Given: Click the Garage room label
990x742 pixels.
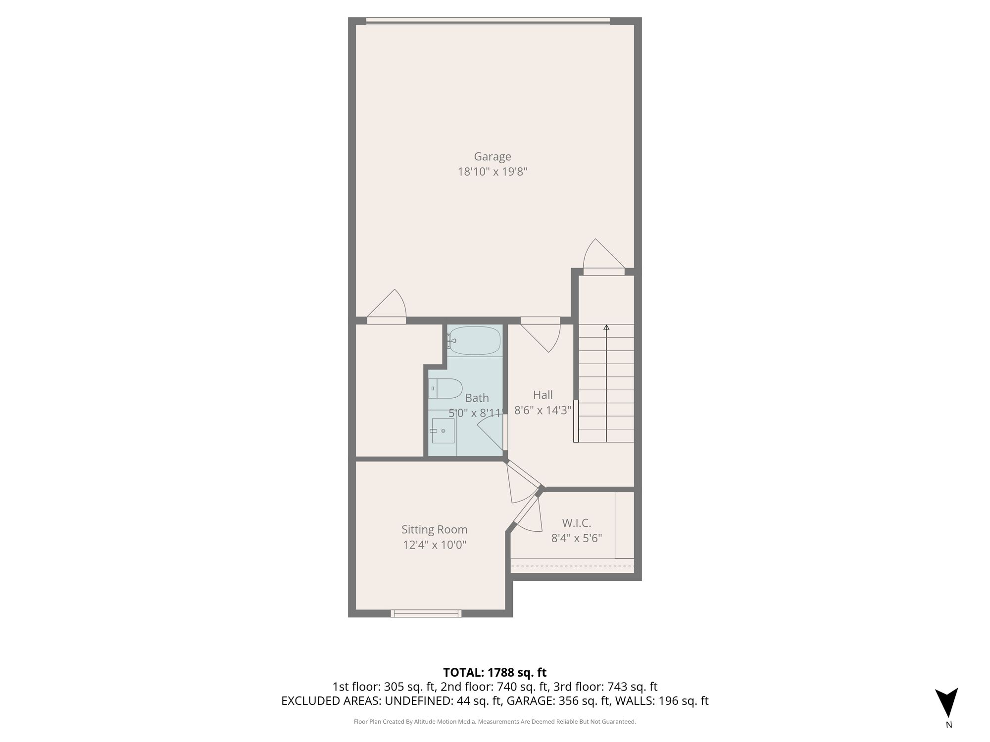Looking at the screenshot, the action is click(492, 157).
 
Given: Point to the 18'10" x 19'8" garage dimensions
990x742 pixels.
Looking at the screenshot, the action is click(493, 172).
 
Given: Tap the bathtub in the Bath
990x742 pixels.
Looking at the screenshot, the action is click(474, 340).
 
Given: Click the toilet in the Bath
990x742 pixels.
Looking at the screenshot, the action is click(445, 388).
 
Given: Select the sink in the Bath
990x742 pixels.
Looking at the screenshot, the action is click(443, 431).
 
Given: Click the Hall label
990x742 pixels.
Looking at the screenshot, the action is click(543, 395).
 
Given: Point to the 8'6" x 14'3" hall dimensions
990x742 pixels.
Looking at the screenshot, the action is click(543, 410).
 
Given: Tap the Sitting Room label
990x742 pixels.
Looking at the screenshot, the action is click(434, 530).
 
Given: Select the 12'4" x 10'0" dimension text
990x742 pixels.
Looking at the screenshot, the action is click(434, 545).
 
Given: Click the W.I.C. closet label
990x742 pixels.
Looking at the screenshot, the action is click(577, 523).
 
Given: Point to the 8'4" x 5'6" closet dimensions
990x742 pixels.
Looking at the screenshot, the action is click(577, 538).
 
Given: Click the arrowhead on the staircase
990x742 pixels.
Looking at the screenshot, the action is click(606, 327).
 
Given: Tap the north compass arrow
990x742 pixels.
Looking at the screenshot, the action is click(946, 703).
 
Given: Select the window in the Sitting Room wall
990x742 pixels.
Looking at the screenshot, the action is click(426, 613).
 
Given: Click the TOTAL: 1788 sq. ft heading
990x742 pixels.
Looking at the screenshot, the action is click(495, 672).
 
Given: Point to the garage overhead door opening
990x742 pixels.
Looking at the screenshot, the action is click(488, 21).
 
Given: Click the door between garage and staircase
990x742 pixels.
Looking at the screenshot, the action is click(604, 257).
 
